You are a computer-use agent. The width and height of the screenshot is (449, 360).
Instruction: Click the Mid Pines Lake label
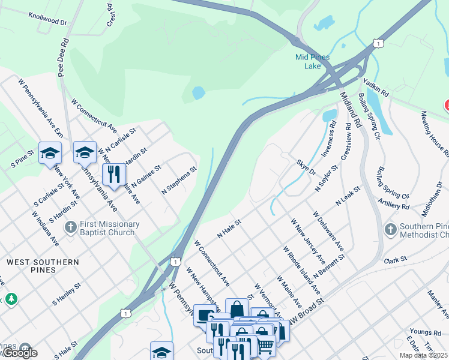pyautogui.click(x=312, y=61)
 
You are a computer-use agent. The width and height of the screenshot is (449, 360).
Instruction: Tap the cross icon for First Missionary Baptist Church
pyautogui.click(x=71, y=227)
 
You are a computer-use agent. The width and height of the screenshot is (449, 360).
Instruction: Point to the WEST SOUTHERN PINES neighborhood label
pyautogui.click(x=43, y=266)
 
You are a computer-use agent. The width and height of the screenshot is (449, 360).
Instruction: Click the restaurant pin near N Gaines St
pyautogui.click(x=113, y=174)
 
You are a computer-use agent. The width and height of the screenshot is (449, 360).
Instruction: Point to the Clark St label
pyautogui.click(x=395, y=260)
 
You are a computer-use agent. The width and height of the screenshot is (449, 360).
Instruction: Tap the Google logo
pyautogui.click(x=19, y=353)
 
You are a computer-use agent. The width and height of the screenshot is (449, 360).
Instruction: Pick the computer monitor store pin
pyautogui.click(x=204, y=314)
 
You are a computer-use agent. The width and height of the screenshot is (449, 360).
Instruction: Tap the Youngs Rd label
pyautogui.click(x=425, y=332)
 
